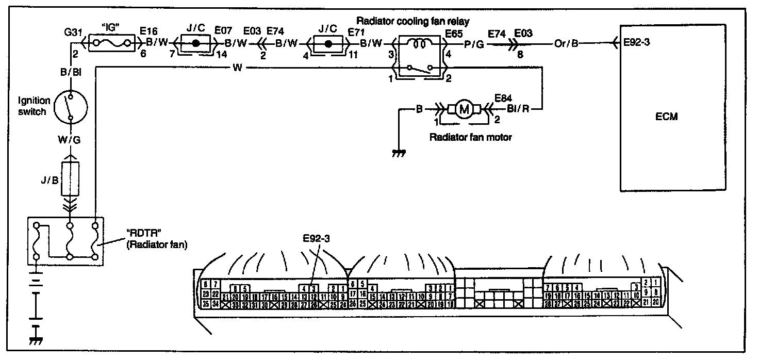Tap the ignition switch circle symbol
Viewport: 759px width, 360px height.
coord(71,108)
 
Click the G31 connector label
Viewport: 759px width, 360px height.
coord(73,32)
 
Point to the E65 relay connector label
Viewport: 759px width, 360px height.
coord(454,32)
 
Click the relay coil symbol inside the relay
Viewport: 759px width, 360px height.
coord(417,44)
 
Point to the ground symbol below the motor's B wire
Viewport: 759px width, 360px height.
coord(399,153)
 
